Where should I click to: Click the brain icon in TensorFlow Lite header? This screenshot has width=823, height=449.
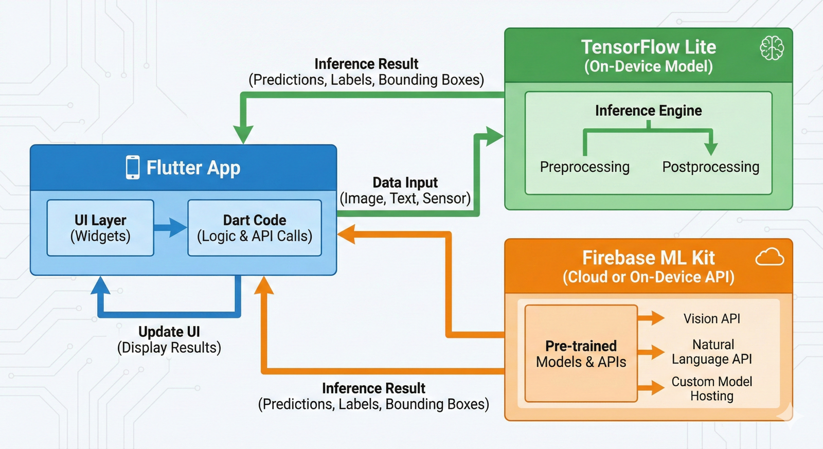(x=772, y=48)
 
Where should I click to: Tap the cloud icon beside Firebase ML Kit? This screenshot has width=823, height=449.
(x=770, y=257)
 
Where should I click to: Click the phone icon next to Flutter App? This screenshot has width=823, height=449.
(x=133, y=167)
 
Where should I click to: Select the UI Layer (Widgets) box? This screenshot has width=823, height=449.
(x=100, y=228)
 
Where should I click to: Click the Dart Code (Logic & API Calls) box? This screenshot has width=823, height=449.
(x=255, y=228)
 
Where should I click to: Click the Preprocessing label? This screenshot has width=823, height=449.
(x=584, y=167)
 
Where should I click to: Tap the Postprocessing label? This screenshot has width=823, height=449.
(x=710, y=167)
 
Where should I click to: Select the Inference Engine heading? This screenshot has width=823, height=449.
(x=648, y=111)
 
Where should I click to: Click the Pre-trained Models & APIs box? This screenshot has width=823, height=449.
(x=581, y=354)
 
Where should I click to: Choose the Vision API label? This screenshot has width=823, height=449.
(x=711, y=318)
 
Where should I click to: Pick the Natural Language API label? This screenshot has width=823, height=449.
(x=711, y=352)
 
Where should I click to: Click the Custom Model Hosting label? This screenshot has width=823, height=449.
(x=711, y=389)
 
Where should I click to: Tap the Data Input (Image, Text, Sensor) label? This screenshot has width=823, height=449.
(x=405, y=190)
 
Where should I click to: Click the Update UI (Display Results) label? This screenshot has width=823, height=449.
(x=169, y=339)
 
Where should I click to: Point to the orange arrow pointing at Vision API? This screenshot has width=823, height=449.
(x=652, y=318)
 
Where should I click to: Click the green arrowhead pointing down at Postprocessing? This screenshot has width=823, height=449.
(x=710, y=149)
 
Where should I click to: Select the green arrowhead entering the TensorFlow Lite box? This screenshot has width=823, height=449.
(x=494, y=136)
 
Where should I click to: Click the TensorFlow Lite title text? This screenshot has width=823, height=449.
(x=648, y=47)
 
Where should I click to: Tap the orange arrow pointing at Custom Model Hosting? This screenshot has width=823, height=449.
(x=652, y=387)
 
